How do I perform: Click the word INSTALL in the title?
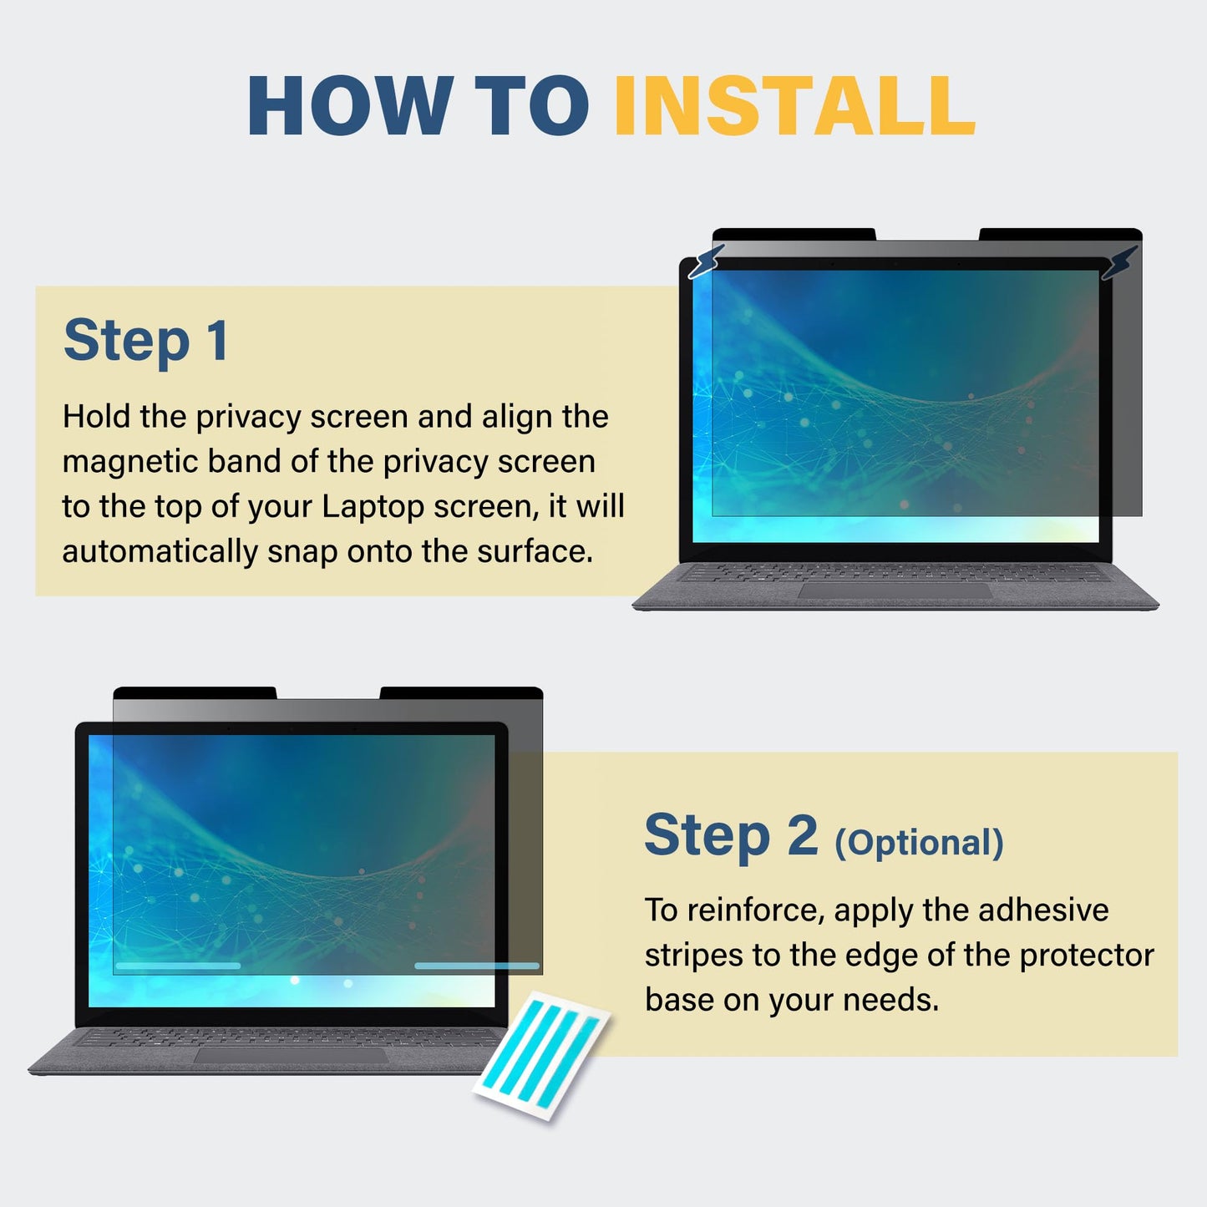click(795, 104)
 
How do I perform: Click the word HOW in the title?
click(351, 104)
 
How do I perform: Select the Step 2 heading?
click(731, 835)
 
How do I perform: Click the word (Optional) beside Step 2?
click(919, 843)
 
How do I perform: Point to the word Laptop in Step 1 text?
click(373, 506)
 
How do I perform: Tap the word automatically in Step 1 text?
click(160, 551)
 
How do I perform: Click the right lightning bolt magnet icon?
click(1119, 262)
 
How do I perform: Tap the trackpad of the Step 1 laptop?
click(895, 591)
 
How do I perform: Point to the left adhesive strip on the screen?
click(178, 966)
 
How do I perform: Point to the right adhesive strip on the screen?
click(477, 966)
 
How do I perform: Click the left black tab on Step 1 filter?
click(794, 234)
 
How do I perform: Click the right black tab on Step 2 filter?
click(462, 693)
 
